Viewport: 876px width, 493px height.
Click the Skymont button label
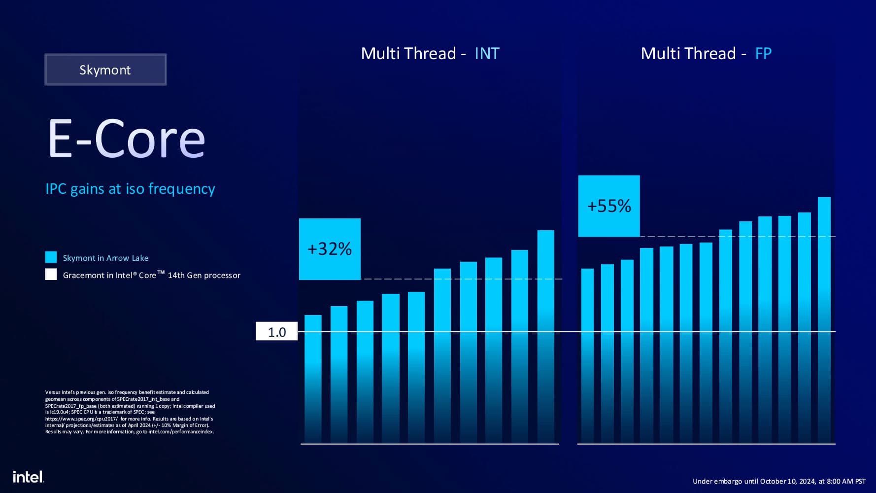105,70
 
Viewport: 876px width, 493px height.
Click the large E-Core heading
126,139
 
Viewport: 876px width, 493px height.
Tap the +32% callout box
330,249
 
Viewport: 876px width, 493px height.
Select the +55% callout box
609,206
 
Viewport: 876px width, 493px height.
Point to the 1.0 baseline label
276,332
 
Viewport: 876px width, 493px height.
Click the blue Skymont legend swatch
51,257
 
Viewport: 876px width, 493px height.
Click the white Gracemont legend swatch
51,275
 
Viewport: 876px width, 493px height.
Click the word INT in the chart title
487,53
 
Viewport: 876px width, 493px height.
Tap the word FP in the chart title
763,53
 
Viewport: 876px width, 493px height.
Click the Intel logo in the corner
28,477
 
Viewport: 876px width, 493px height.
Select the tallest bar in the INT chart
545,335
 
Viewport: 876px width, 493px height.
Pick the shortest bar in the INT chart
313,377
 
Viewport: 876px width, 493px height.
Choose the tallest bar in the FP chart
824,320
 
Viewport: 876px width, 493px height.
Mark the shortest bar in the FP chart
587,355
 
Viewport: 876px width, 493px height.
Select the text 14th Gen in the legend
184,275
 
